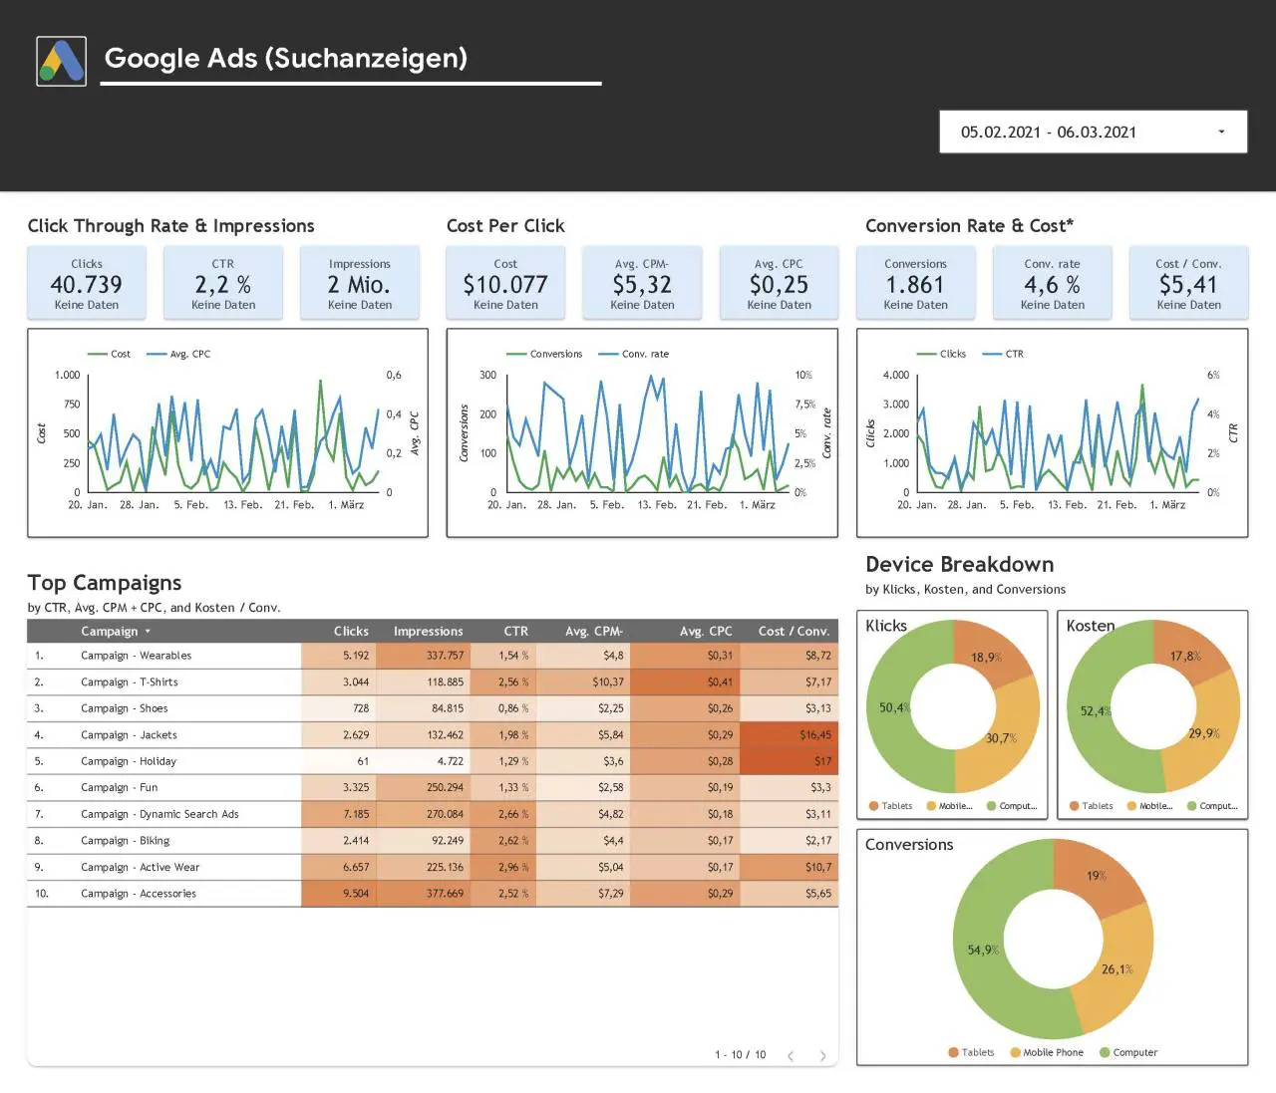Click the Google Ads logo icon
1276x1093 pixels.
[x=61, y=61]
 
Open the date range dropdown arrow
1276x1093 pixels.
[x=1221, y=132]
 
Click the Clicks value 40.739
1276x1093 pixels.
[x=87, y=285]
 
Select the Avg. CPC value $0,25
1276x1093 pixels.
[x=779, y=285]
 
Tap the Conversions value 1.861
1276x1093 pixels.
[x=915, y=285]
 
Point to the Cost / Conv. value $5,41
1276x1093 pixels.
[x=1188, y=285]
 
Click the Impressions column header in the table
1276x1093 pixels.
[x=428, y=631]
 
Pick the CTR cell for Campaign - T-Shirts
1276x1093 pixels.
[x=513, y=682]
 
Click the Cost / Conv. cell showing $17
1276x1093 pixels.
[x=789, y=761]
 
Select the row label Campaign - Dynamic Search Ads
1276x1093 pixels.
[x=159, y=814]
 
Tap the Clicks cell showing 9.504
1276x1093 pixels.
[x=338, y=893]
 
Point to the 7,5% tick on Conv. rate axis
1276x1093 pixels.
[x=805, y=405]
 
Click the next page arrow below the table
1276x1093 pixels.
[x=822, y=1056]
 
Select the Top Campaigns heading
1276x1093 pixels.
[x=105, y=583]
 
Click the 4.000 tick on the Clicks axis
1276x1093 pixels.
[x=896, y=375]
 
